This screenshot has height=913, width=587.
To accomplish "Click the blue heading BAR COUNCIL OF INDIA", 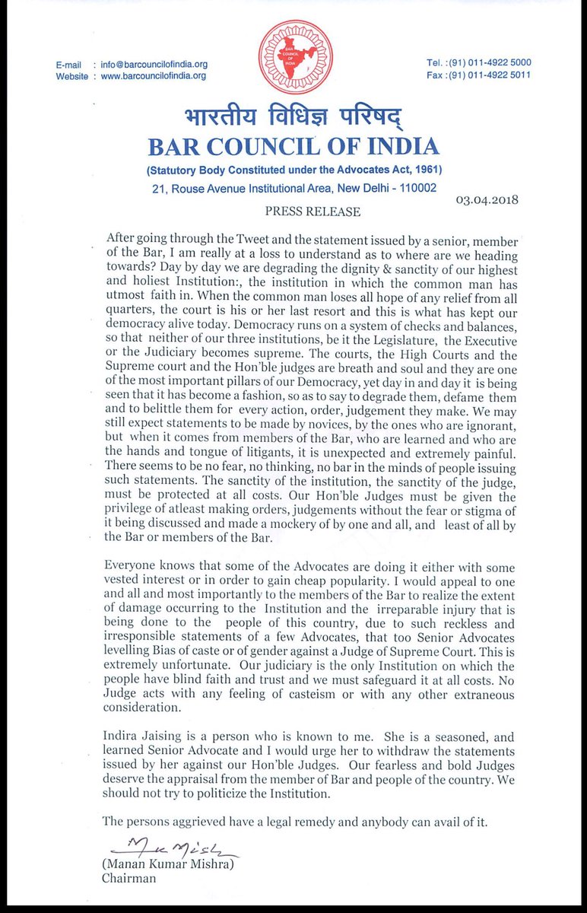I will [x=293, y=146].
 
